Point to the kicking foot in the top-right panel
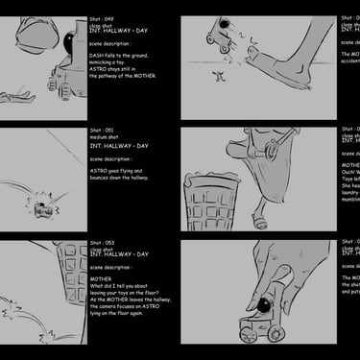(298, 72)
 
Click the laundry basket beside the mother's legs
(209, 202)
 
